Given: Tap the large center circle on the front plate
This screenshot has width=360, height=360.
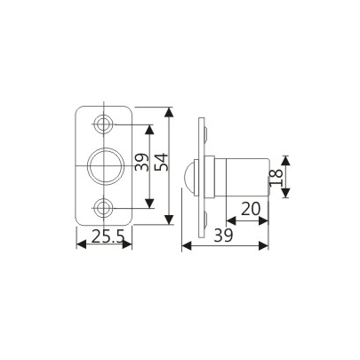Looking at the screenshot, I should point(105,164).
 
